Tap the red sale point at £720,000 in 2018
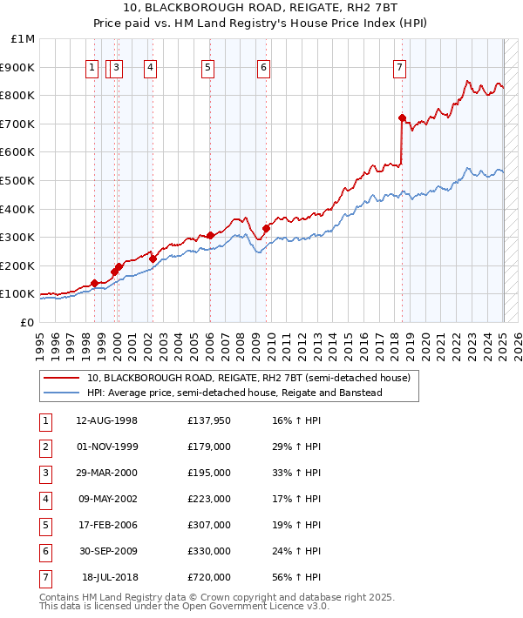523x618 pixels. point(402,118)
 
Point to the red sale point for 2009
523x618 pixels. point(266,228)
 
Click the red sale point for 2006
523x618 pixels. point(210,235)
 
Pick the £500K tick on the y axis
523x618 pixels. point(18,180)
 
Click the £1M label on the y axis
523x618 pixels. point(24,39)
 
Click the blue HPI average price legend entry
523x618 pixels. point(234,393)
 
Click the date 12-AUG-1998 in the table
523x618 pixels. point(106,420)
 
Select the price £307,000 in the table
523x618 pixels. point(208,525)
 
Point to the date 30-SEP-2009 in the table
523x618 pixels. point(106,551)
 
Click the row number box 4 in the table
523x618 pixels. point(44,499)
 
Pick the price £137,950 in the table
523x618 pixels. point(208,420)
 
